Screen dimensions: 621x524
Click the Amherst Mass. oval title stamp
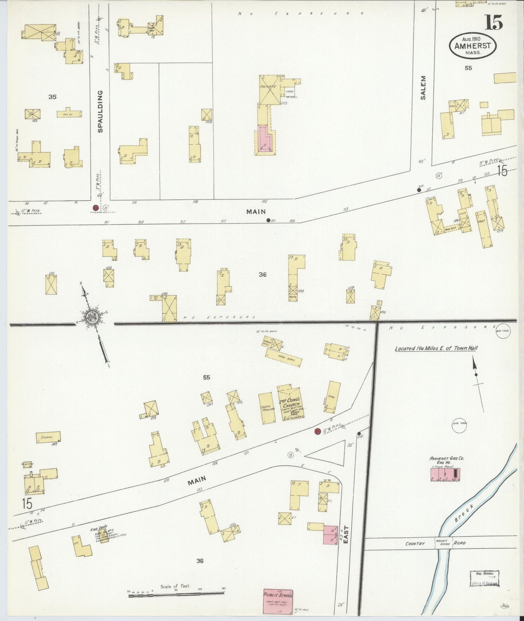coord(473,45)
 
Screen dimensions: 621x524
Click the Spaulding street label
coord(100,111)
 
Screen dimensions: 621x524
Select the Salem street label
coord(423,88)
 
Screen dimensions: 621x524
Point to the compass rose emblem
coord(90,317)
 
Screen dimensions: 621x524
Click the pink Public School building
coord(278,601)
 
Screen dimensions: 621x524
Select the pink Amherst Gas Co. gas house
coord(445,474)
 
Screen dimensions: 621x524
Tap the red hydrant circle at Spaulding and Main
coord(96,208)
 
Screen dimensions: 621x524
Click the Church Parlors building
coord(267,408)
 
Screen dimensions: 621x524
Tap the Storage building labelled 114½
coord(48,437)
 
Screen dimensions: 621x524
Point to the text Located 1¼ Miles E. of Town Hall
coord(436,348)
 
